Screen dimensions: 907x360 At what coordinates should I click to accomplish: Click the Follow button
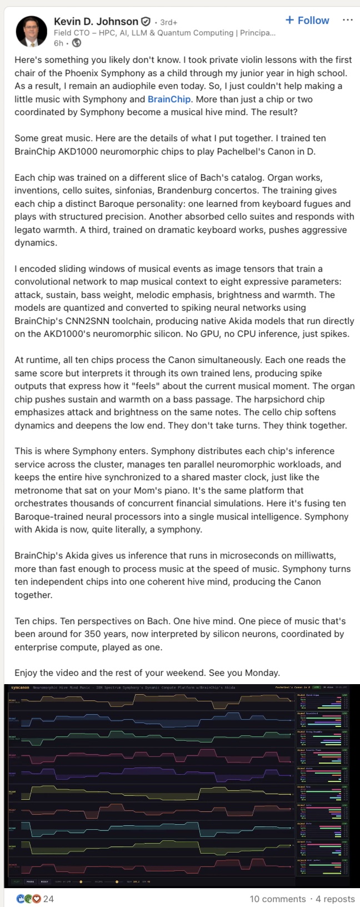pyautogui.click(x=307, y=21)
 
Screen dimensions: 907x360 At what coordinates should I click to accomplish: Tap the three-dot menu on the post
pyautogui.click(x=348, y=20)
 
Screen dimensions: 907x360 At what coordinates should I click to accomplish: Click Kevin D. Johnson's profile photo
pyautogui.click(x=31, y=31)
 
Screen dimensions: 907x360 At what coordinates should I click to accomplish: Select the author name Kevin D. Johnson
pyautogui.click(x=96, y=22)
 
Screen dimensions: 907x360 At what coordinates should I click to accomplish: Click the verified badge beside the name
pyautogui.click(x=146, y=22)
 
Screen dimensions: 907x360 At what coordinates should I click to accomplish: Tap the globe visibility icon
pyautogui.click(x=76, y=43)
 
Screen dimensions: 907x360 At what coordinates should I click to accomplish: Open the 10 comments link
pyautogui.click(x=277, y=899)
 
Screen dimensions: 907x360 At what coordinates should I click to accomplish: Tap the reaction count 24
pyautogui.click(x=49, y=899)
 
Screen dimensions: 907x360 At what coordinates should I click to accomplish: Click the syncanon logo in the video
pyautogui.click(x=19, y=687)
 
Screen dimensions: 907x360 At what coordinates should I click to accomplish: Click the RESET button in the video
pyautogui.click(x=44, y=881)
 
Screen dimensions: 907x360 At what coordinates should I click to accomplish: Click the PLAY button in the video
pyautogui.click(x=17, y=881)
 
